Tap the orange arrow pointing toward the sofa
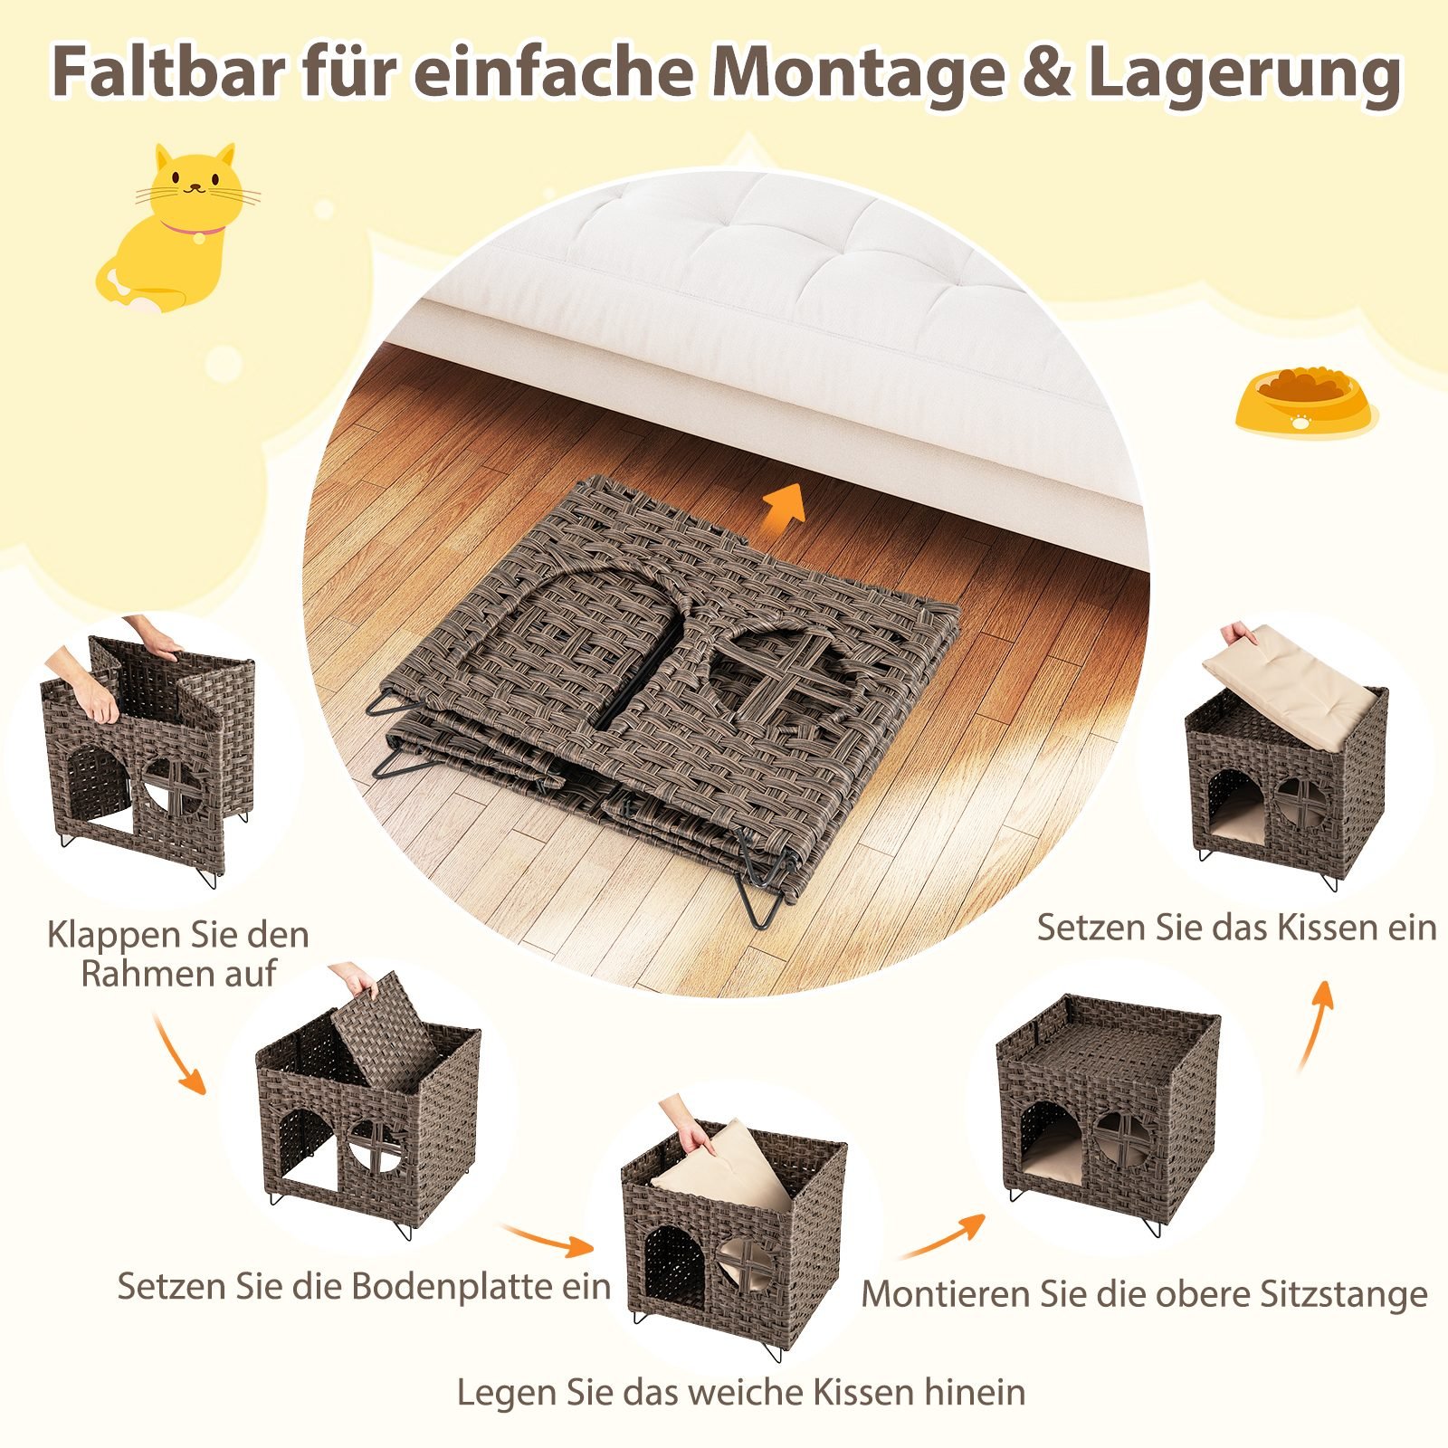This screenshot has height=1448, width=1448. point(786,503)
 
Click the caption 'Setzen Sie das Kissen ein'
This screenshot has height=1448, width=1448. point(1236,928)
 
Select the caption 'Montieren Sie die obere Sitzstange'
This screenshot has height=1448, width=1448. point(1144,1294)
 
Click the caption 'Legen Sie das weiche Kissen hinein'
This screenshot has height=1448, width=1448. point(741,1392)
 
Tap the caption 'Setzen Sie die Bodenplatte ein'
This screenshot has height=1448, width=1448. point(364,1286)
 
